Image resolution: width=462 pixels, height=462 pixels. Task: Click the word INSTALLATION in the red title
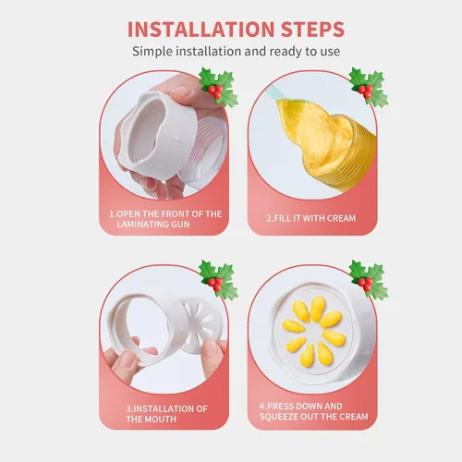coord(201,30)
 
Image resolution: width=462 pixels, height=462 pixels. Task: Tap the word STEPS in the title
coord(312,30)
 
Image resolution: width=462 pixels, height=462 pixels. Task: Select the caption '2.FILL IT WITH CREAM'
coord(311,218)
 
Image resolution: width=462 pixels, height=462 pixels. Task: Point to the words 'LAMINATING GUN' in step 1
coord(153,224)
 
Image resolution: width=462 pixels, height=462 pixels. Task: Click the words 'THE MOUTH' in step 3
coord(152,419)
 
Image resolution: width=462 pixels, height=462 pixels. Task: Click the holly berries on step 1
coord(214,91)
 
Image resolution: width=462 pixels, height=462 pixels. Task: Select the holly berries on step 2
coord(365,91)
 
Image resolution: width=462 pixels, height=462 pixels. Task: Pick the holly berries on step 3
coord(214,284)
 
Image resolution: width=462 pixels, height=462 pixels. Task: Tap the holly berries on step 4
coord(365,284)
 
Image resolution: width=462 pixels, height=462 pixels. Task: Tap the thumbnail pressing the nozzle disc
coord(213,349)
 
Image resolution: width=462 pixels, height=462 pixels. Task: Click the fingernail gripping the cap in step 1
coord(180,91)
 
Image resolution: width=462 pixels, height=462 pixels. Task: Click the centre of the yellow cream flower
coord(313,331)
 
